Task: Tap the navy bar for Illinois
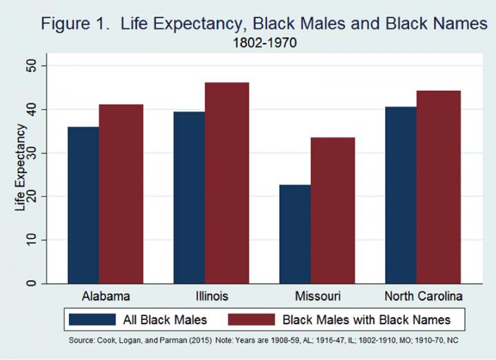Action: [189, 198]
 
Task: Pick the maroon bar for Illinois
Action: [227, 183]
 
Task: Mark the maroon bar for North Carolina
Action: [438, 187]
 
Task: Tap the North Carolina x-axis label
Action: [419, 297]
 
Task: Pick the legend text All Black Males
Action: [165, 319]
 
